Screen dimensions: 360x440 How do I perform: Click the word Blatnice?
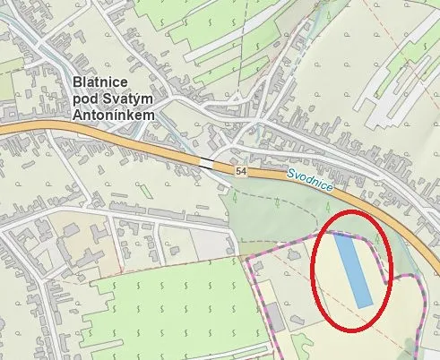(x=101, y=84)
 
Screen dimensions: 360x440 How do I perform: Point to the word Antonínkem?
(x=113, y=115)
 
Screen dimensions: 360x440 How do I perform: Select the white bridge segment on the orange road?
(x=207, y=162)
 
